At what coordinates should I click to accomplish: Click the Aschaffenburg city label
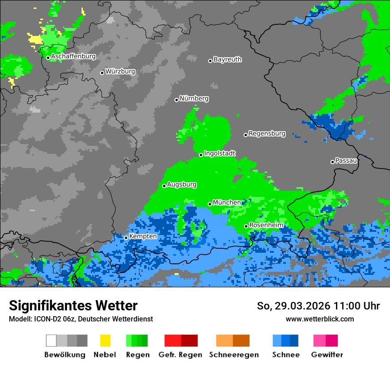[73, 57]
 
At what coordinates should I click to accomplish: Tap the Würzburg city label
[120, 71]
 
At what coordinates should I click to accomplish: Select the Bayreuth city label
[227, 59]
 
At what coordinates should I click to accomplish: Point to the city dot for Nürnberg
[176, 100]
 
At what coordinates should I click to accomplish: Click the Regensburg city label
[267, 133]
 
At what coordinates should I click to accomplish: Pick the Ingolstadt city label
[220, 153]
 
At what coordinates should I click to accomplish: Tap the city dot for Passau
[332, 162]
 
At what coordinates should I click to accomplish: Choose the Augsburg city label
[182, 184]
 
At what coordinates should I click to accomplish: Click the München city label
[227, 203]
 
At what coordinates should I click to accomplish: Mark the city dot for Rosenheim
[246, 226]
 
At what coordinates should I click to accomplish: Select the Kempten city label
[143, 236]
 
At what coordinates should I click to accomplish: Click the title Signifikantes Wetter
[73, 305]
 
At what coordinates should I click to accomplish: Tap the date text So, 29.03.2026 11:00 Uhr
[318, 306]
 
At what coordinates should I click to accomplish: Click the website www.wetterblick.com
[320, 319]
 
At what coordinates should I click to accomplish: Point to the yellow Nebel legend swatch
[105, 341]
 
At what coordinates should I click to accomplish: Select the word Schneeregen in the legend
[234, 355]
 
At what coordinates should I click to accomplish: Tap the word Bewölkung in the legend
[65, 355]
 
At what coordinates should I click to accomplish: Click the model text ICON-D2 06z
[51, 319]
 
